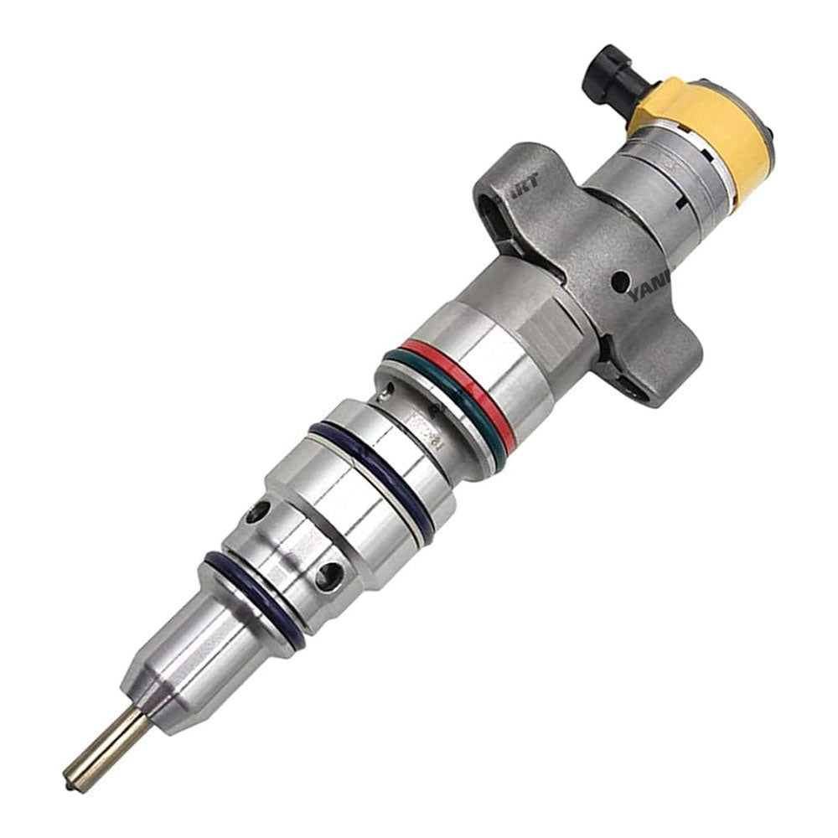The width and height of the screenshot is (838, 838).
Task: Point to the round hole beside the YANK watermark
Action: tap(620, 281)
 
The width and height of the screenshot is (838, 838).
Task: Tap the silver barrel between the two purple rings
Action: tap(335, 520)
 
